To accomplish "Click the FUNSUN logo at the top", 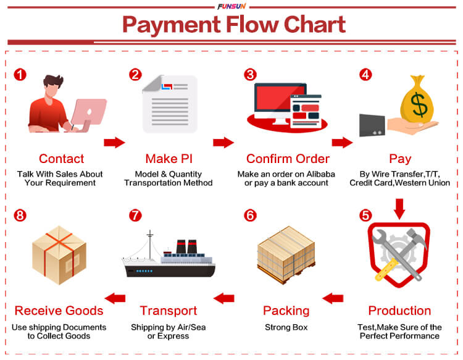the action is pos(231,6).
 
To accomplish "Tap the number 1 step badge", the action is pos(20,75).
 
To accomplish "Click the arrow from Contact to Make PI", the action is pos(114,143).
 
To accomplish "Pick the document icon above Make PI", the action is pos(170,104).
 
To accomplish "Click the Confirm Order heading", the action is pos(288,159).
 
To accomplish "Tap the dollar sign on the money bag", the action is pos(419,104).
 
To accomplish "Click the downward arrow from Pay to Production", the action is pos(399,209).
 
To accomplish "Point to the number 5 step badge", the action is pos(365,216).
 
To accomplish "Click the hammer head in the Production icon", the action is pos(417,236).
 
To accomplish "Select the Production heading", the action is pos(399,311).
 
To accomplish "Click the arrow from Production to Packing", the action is pos(333,298).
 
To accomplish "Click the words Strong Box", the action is pos(286,327).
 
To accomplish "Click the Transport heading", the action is pos(169,311).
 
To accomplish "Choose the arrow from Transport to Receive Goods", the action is pos(115,298).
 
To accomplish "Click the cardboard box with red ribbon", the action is pos(59,255).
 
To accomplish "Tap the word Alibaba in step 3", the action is pos(320,174).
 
